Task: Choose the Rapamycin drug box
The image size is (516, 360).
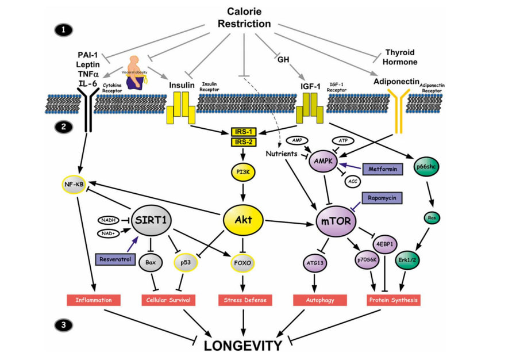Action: coord(382,198)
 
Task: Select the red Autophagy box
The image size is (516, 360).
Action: coord(320,300)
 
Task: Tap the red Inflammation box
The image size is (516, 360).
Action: coord(93,300)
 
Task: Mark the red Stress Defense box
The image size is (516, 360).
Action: coord(245,300)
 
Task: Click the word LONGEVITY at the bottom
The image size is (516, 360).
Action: coord(244,345)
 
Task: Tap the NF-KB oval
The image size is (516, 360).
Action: coord(76,184)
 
